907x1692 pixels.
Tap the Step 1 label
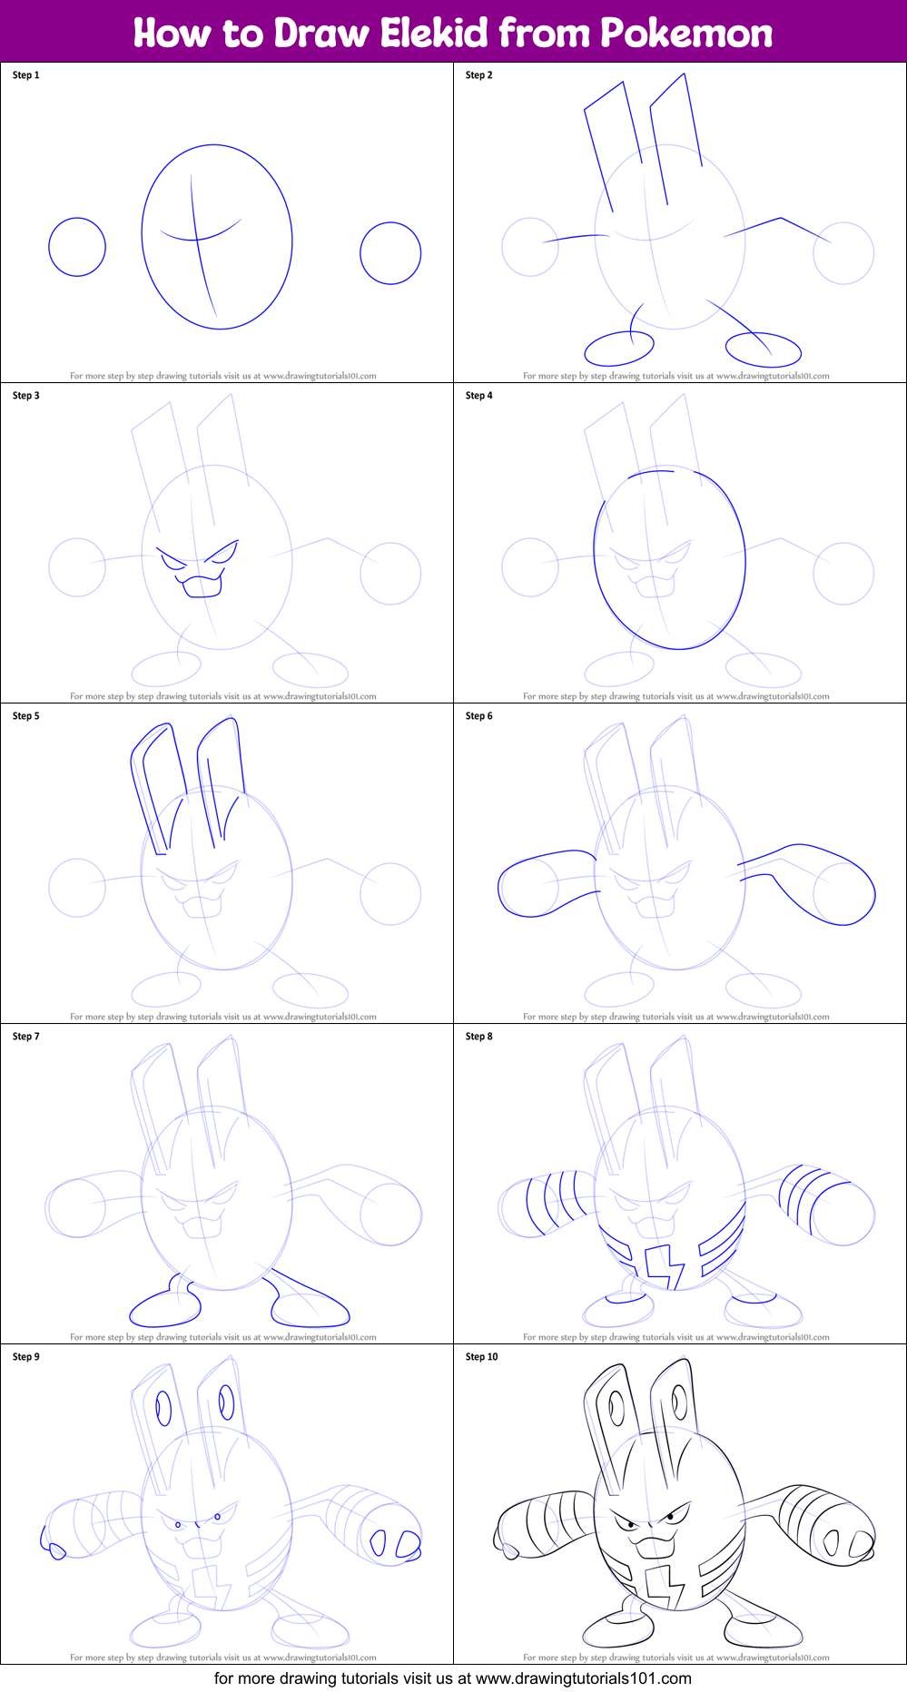(x=25, y=75)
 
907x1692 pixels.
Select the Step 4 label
(x=478, y=396)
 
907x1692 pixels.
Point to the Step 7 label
(x=25, y=1037)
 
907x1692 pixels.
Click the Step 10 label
(x=481, y=1357)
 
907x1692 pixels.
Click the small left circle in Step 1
(x=77, y=247)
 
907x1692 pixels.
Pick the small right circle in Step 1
(x=390, y=253)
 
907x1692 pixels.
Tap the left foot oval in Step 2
(x=619, y=348)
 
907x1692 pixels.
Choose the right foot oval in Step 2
(x=764, y=349)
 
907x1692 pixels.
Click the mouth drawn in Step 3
(x=202, y=585)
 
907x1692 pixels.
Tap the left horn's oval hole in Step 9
(x=163, y=1408)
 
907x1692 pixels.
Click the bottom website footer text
(x=453, y=1678)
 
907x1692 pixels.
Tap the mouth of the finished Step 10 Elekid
(x=655, y=1544)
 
